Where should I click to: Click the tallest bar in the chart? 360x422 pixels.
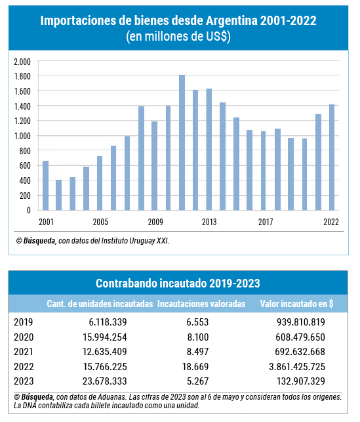182,142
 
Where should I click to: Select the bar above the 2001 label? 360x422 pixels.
45,186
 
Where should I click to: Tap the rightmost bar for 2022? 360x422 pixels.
332,158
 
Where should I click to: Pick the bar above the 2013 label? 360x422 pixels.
209,150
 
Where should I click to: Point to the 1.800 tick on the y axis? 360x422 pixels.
22,76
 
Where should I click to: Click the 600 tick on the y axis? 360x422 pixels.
25,165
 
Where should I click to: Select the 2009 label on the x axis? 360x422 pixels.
155,222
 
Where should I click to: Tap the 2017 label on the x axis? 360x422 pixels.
266,222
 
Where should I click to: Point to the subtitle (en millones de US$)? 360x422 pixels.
178,37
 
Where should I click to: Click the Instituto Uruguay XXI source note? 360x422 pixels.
134,241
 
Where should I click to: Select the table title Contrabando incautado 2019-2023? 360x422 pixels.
178,284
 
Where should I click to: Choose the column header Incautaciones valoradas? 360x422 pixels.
201,304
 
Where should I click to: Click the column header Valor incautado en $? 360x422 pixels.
296,304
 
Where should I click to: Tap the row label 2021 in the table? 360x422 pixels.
24,352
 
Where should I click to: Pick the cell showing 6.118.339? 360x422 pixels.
108,322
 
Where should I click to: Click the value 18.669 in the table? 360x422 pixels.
195,367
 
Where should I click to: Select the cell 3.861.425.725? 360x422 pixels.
297,367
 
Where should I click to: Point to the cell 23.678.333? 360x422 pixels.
104,381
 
